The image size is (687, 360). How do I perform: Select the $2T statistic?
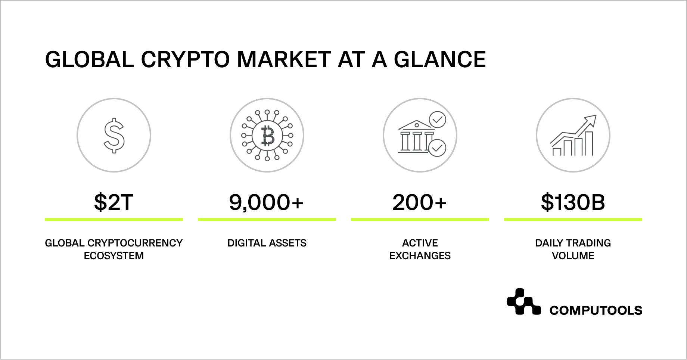click(x=114, y=202)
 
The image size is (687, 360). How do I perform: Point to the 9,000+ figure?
click(x=266, y=202)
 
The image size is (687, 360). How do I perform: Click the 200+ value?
click(x=420, y=202)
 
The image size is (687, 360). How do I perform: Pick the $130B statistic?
click(x=573, y=202)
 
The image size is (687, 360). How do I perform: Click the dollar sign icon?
click(x=114, y=136)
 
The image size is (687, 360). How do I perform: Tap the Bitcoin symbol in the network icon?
click(x=267, y=135)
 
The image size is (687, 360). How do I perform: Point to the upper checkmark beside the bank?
click(x=437, y=120)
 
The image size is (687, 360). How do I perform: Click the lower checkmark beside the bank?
click(x=437, y=148)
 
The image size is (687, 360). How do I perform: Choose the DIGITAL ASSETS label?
click(x=267, y=243)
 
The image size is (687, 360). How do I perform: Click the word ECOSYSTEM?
click(x=114, y=256)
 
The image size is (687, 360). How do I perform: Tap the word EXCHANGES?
click(x=420, y=256)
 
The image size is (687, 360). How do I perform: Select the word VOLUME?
click(x=573, y=256)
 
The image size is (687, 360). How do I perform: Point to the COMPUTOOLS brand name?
click(x=596, y=310)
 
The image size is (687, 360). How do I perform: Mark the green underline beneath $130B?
click(x=573, y=220)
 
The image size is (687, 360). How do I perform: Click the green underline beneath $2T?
click(x=114, y=220)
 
